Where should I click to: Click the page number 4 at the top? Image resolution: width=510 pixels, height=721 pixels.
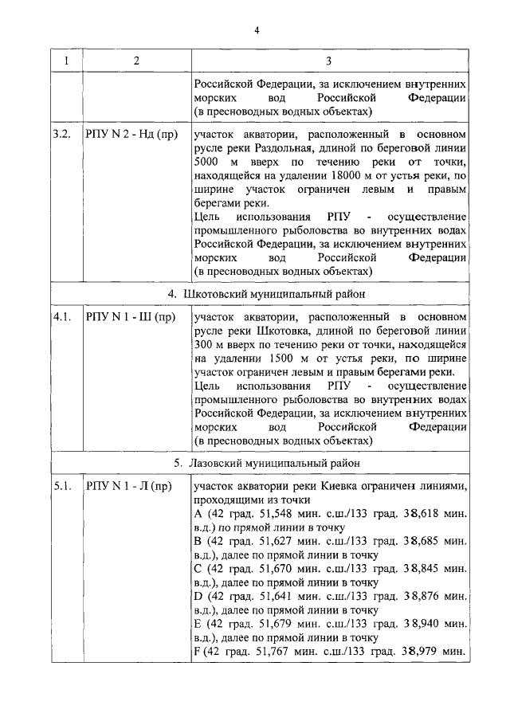coord(257,30)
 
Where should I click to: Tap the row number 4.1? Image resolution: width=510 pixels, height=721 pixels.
coord(63,317)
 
